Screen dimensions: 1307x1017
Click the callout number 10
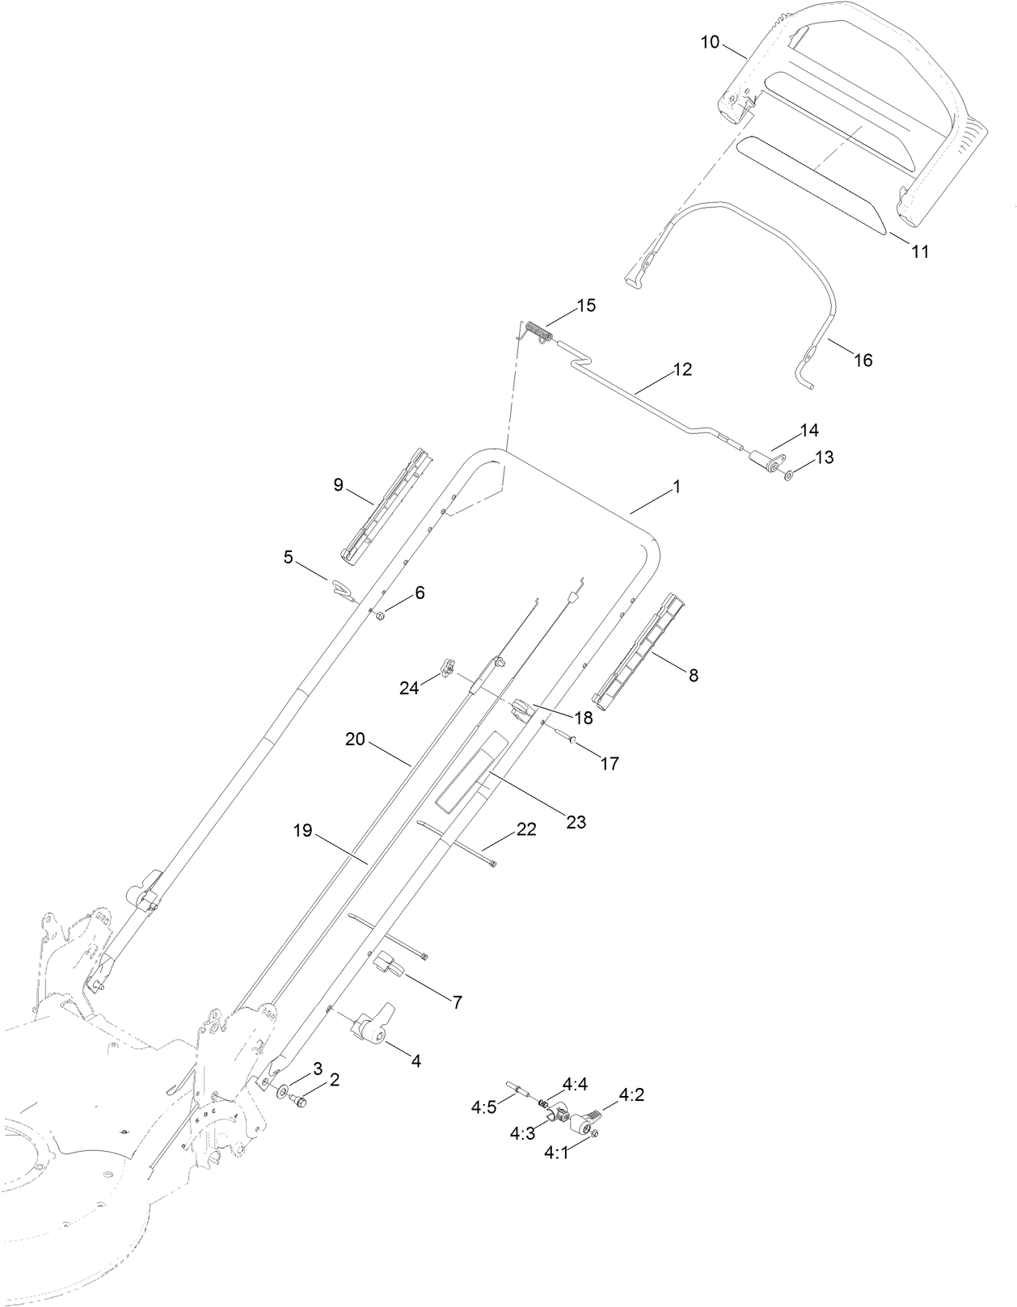click(709, 42)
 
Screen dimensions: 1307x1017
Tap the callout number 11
click(920, 251)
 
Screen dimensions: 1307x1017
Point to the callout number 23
click(576, 822)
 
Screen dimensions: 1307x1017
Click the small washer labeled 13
click(788, 475)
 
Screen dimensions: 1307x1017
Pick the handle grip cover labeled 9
click(386, 505)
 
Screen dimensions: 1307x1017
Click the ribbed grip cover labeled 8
click(635, 647)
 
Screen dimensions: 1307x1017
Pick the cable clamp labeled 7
click(389, 964)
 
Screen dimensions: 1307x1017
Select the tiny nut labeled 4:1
click(594, 1135)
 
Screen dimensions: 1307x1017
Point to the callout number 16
click(863, 360)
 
